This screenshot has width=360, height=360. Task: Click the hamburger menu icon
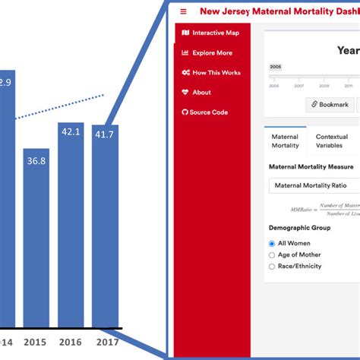tap(183, 11)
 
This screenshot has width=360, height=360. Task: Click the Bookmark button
tap(330, 105)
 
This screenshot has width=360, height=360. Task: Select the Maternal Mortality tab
tap(286, 141)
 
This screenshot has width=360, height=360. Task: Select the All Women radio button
tap(273, 243)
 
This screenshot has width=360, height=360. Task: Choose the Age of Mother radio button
tap(273, 254)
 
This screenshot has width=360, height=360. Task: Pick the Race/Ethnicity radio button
tap(273, 266)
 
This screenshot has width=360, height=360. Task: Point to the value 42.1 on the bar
tap(71, 131)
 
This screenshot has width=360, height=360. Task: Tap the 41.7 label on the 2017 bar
tap(105, 134)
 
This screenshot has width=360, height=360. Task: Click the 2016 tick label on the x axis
tap(71, 341)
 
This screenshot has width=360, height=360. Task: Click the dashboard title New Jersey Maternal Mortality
tap(279, 11)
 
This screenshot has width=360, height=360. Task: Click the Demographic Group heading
tap(299, 227)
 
